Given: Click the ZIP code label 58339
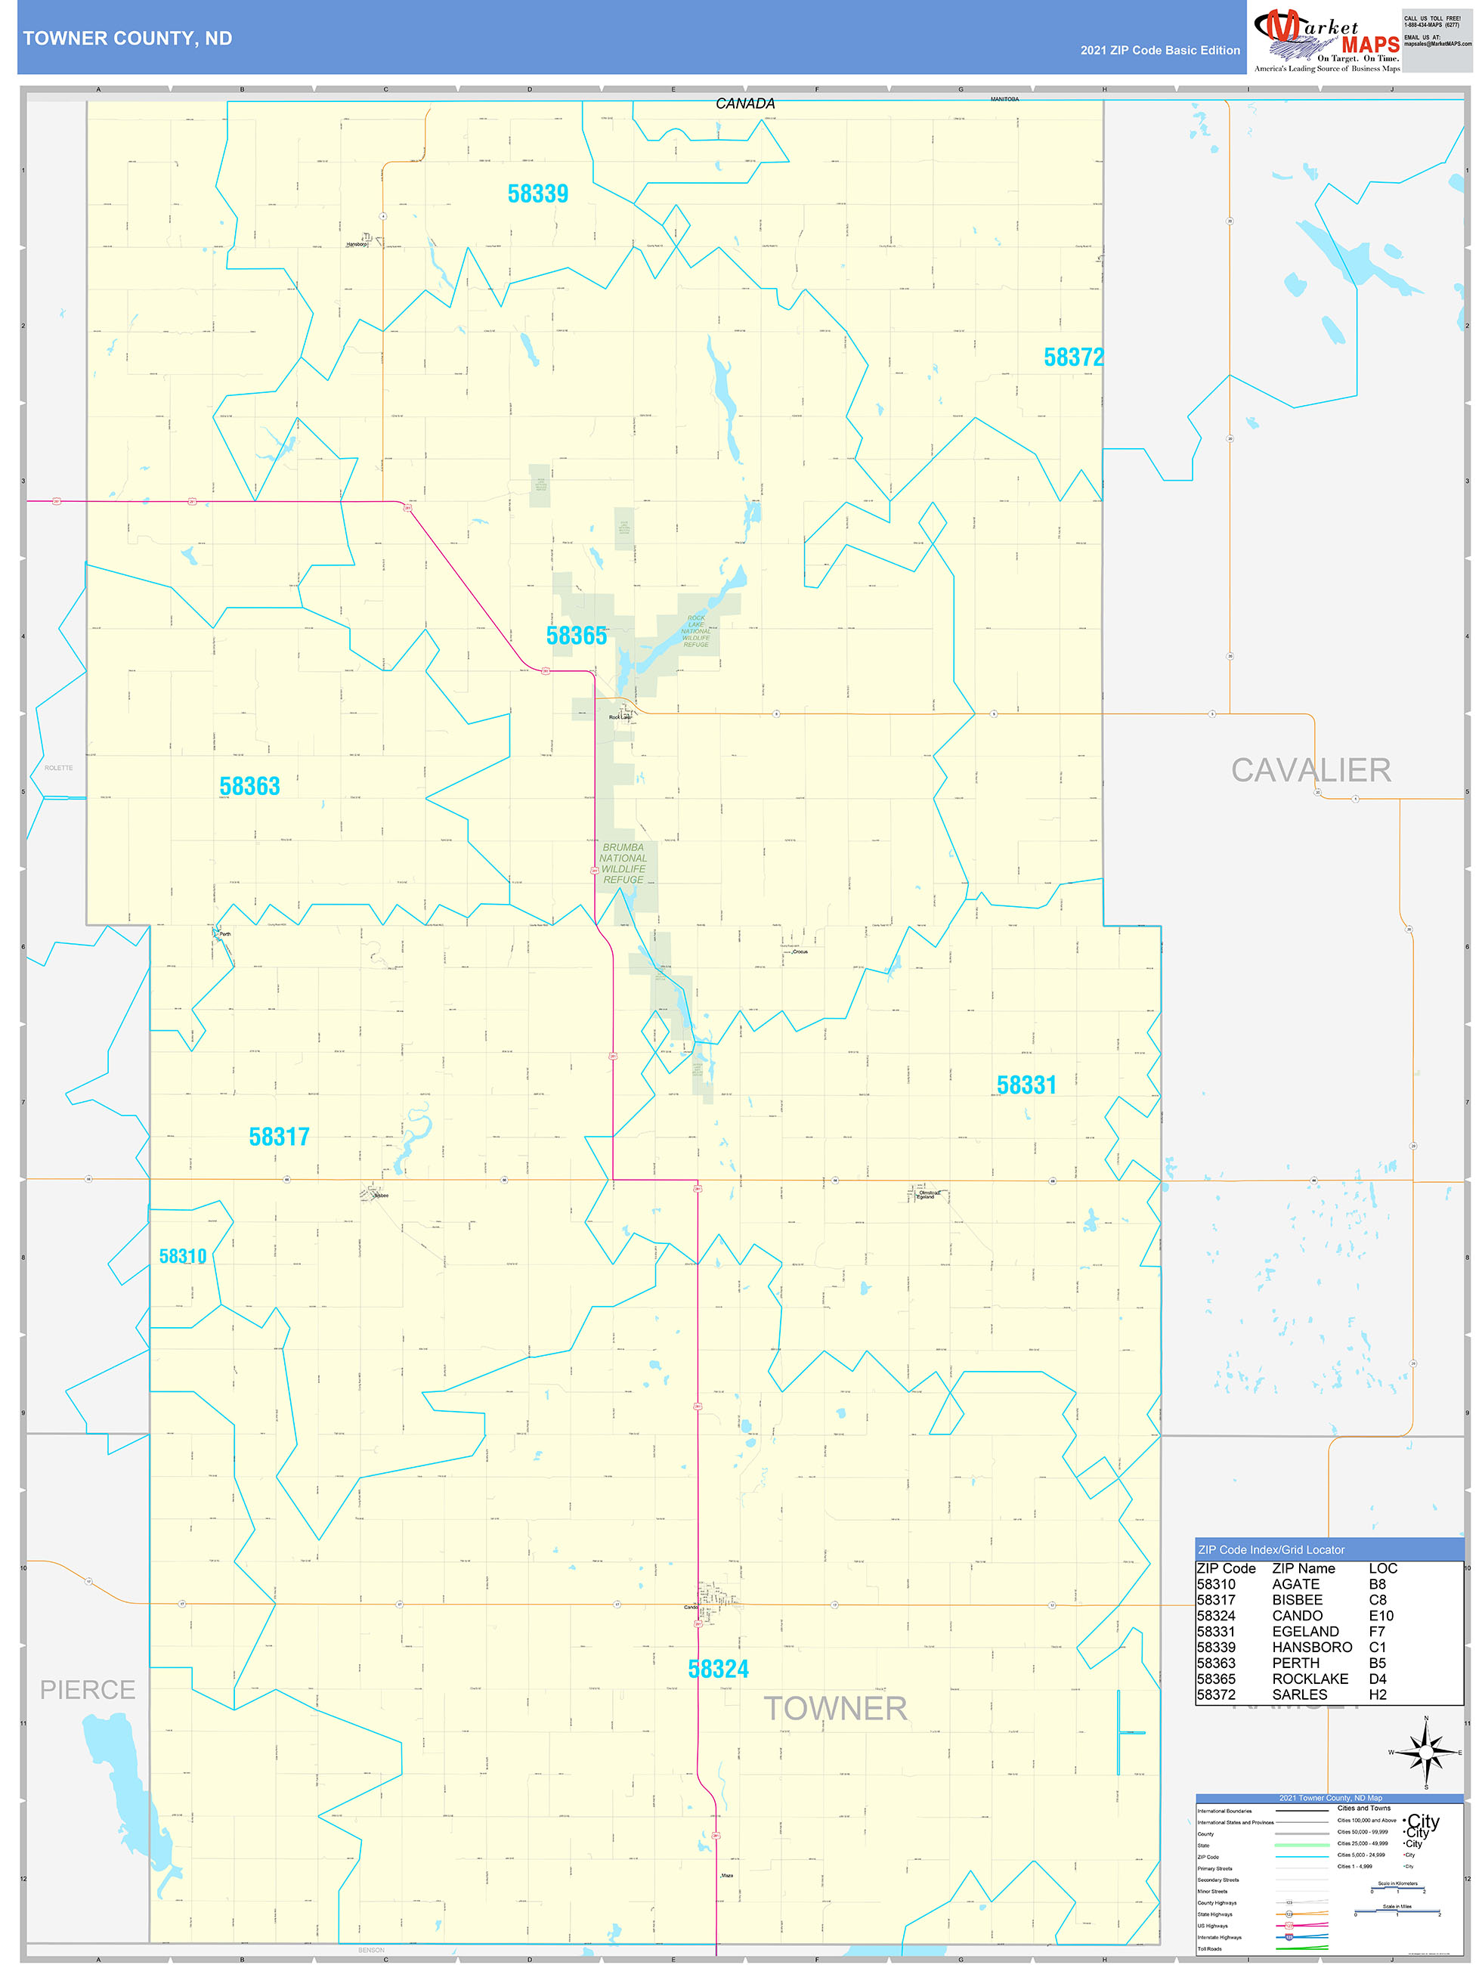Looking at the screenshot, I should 537,193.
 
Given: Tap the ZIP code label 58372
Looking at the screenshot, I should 1073,357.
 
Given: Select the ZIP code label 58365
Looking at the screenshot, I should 576,636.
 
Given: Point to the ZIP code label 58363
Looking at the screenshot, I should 249,786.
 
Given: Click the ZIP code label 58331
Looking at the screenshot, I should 1026,1085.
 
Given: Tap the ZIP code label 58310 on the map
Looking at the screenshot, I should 182,1256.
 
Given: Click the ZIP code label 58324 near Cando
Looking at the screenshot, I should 718,1669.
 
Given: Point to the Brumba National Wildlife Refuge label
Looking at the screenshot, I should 623,863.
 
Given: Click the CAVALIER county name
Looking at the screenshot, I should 1310,770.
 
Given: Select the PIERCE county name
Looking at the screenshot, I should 88,1690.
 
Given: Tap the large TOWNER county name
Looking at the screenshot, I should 835,1708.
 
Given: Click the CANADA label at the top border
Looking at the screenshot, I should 744,104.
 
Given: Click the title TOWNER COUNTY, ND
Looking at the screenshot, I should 128,39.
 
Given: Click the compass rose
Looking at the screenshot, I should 1426,1752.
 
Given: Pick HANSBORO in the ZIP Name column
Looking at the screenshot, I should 1311,1647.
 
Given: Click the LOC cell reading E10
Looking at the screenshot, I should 1381,1616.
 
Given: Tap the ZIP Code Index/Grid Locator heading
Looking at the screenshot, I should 1270,1549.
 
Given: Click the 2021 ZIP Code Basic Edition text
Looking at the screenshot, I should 1159,51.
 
